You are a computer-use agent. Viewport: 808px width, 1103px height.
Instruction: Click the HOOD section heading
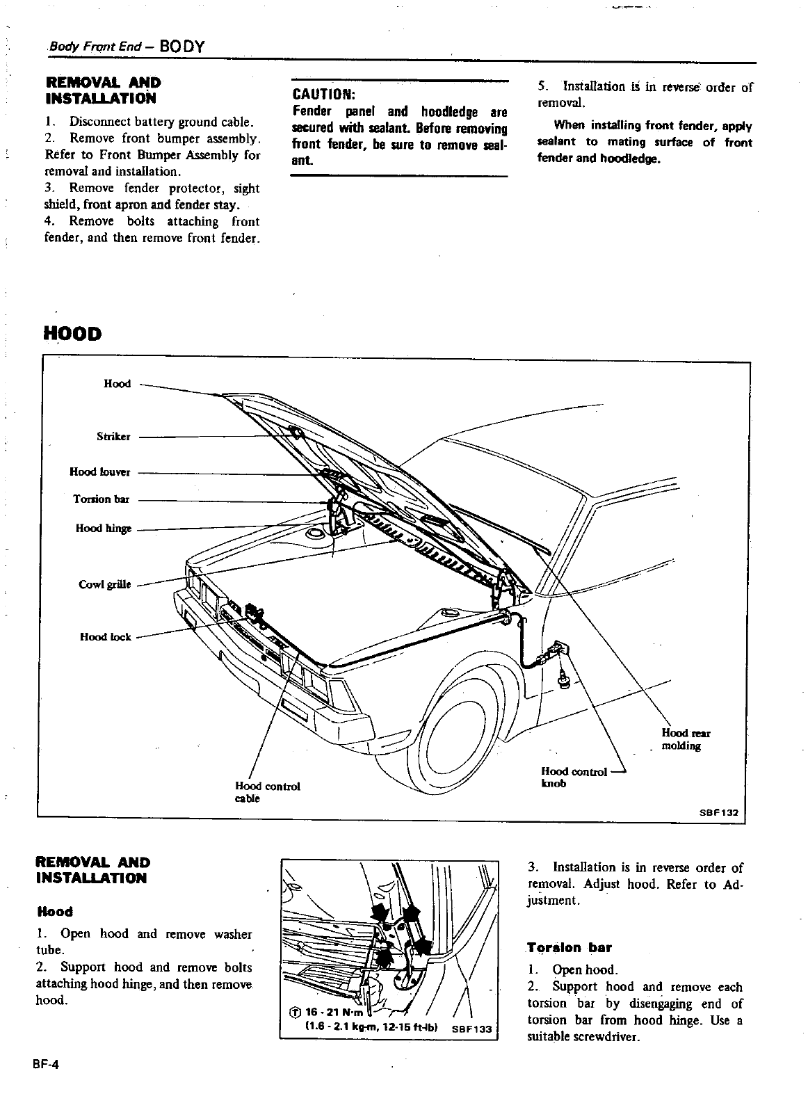72,334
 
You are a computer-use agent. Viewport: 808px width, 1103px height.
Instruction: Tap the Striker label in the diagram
113,437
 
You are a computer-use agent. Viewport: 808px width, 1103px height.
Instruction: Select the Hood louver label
100,472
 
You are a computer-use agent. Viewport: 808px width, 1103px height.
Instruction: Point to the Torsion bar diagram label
102,499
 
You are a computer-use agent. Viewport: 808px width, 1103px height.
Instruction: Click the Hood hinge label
104,529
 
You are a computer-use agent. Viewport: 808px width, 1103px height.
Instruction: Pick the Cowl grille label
105,584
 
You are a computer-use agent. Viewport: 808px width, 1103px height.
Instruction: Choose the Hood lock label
106,636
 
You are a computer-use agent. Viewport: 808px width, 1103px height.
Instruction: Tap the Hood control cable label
267,792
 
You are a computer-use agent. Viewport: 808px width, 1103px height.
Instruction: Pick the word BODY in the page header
181,47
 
